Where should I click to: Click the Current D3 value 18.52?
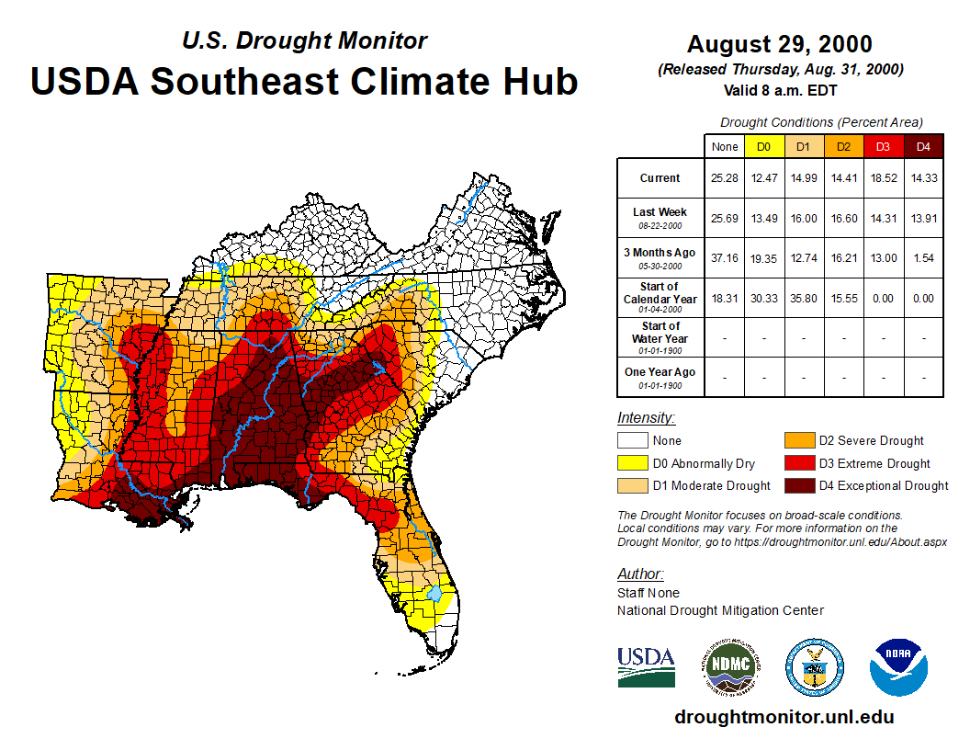883,178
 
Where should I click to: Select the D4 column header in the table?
924,146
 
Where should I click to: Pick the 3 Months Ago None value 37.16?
725,258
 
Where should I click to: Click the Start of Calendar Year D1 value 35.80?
804,299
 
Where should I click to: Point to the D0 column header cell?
763,146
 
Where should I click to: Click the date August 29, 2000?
780,43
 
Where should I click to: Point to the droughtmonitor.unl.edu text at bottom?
784,717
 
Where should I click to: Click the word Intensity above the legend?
646,418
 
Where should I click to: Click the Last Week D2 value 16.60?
843,218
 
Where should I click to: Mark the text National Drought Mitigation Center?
720,610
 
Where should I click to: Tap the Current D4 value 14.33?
924,178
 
